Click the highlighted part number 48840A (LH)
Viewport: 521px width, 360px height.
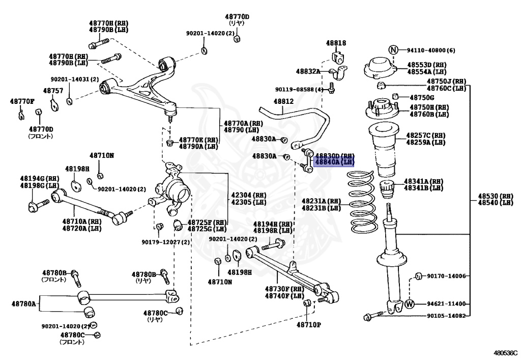pos(334,162)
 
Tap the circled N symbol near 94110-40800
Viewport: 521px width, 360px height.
pos(393,50)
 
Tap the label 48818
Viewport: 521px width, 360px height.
pos(336,43)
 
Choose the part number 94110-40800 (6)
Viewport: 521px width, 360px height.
pos(430,50)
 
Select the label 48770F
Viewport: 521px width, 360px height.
pos(22,101)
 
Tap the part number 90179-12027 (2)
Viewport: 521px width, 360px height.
pos(165,241)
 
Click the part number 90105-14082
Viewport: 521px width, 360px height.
pos(446,316)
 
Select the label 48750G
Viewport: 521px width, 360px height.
pos(422,97)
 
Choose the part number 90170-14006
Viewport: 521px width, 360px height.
pos(446,276)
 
